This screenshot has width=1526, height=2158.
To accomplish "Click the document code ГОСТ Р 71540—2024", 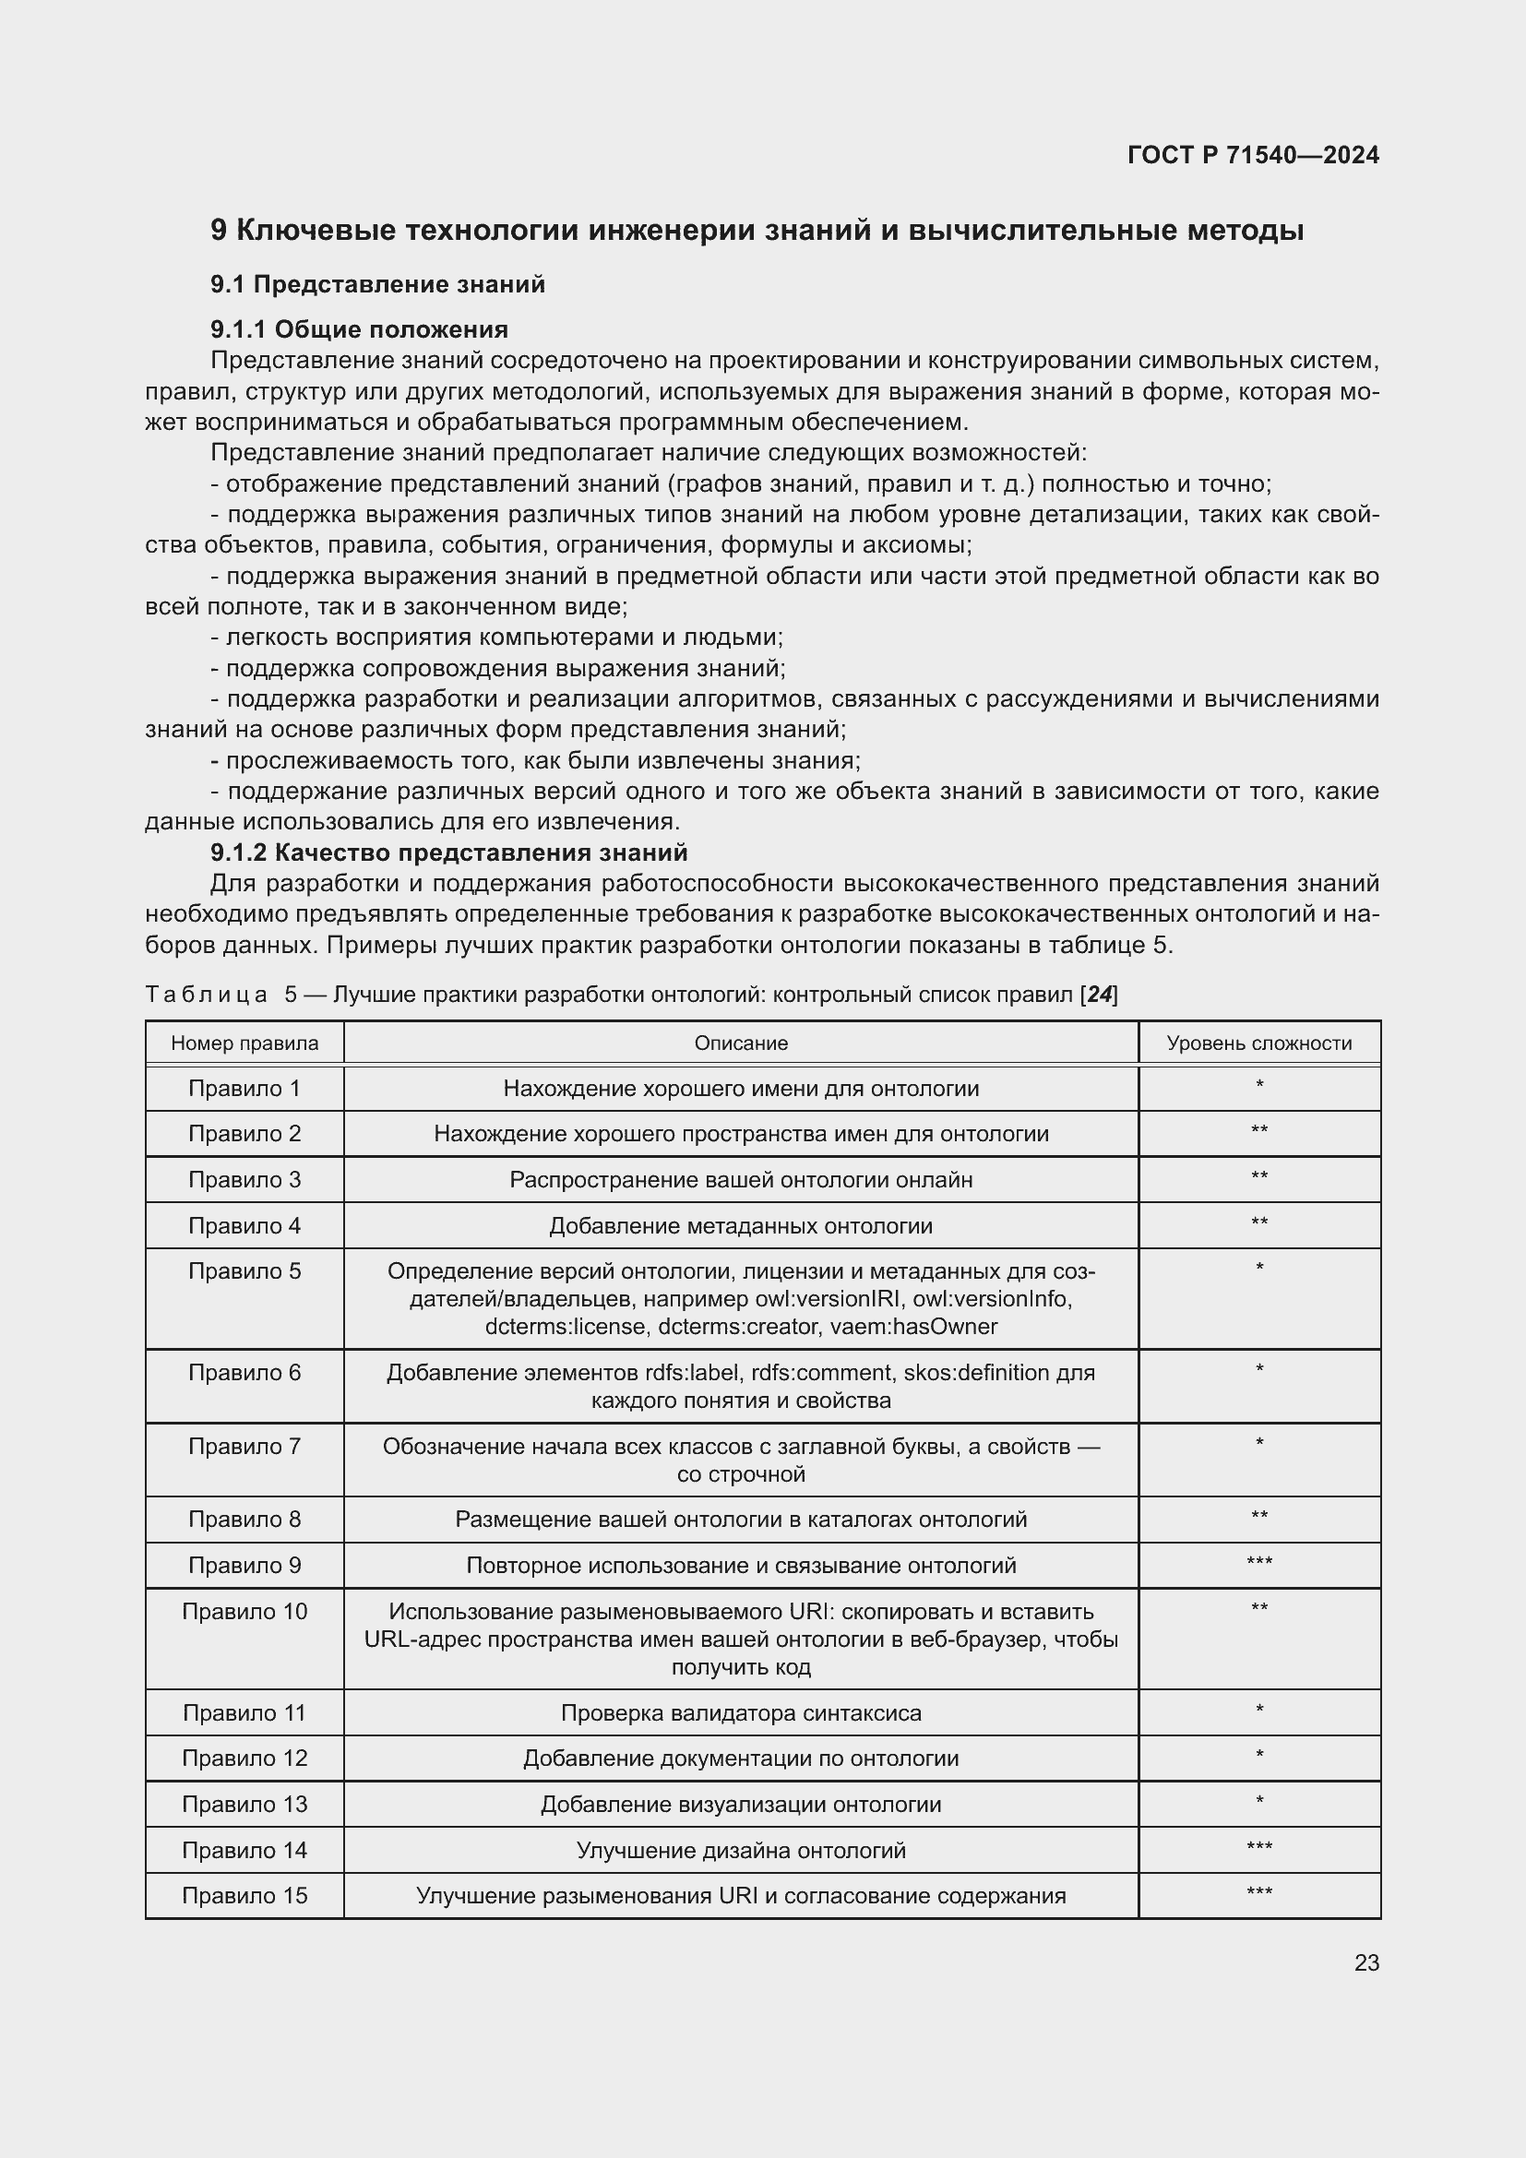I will click(1253, 155).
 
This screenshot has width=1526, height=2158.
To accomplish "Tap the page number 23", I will click(1366, 1962).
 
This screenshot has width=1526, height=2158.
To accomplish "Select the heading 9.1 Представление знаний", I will click(376, 284).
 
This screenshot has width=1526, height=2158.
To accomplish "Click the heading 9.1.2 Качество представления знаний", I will click(449, 852).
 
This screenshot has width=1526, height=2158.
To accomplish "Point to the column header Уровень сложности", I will click(1258, 1043).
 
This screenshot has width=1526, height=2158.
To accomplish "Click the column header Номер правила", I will click(244, 1043).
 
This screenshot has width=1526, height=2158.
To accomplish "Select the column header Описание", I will click(741, 1043).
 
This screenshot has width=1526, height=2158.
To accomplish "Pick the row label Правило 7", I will click(244, 1447).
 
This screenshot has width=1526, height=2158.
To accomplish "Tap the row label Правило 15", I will click(244, 1896).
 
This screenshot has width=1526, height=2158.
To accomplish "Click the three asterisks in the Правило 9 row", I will click(1258, 1564).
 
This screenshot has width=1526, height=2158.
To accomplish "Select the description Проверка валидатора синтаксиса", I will click(741, 1712).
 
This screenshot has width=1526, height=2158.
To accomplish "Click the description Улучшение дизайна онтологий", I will click(741, 1850).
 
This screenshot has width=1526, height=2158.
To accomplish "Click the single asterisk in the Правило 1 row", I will click(1258, 1087).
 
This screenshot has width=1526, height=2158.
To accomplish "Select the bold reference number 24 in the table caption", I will click(1099, 995).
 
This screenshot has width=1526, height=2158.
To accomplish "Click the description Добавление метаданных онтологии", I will click(741, 1225).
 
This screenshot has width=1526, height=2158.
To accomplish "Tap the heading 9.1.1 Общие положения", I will click(359, 329).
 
